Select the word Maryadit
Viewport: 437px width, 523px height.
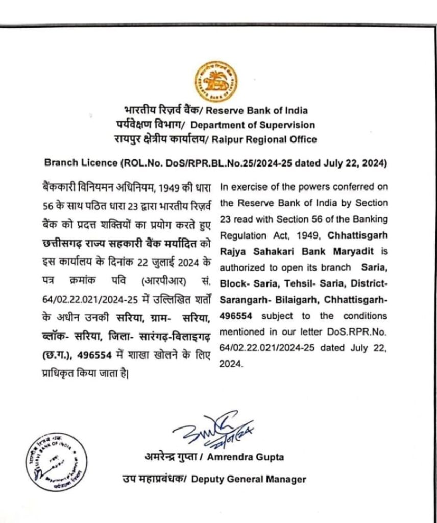tap(343, 252)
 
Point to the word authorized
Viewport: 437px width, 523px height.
tap(243, 266)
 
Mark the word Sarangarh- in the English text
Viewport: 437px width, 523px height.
tap(245, 300)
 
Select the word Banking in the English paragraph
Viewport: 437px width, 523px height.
tap(372, 219)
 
